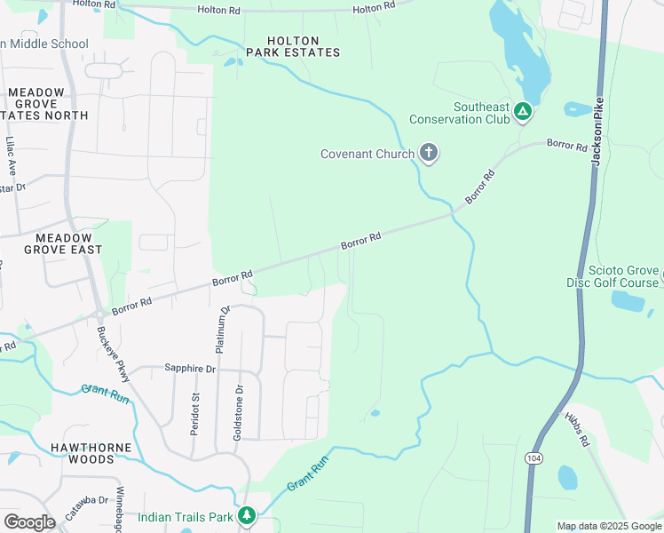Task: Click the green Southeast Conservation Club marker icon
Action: pyautogui.click(x=523, y=112)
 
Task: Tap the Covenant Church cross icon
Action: pyautogui.click(x=429, y=154)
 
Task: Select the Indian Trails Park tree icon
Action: pyautogui.click(x=247, y=515)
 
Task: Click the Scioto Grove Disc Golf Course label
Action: pyautogui.click(x=613, y=277)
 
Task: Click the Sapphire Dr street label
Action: pyautogui.click(x=190, y=368)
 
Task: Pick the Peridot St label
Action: pyautogui.click(x=194, y=415)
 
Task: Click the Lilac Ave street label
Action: pyautogui.click(x=11, y=154)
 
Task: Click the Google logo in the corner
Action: pyautogui.click(x=29, y=521)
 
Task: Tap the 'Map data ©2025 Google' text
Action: pyautogui.click(x=609, y=526)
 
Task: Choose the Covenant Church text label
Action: pyautogui.click(x=367, y=154)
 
